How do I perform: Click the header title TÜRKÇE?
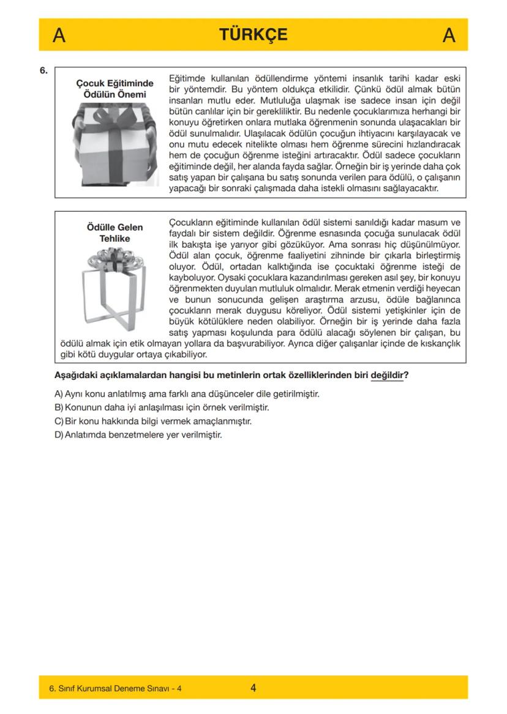pyautogui.click(x=254, y=34)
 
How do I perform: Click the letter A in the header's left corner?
pyautogui.click(x=59, y=35)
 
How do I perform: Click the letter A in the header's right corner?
pyautogui.click(x=448, y=35)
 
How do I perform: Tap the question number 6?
pyautogui.click(x=44, y=70)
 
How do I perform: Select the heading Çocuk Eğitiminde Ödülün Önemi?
pyautogui.click(x=115, y=88)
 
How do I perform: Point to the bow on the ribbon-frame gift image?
pyautogui.click(x=115, y=262)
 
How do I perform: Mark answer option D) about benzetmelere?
pyautogui.click(x=138, y=436)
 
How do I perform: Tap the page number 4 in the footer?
pyautogui.click(x=253, y=688)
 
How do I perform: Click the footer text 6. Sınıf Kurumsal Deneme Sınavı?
pyautogui.click(x=115, y=688)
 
